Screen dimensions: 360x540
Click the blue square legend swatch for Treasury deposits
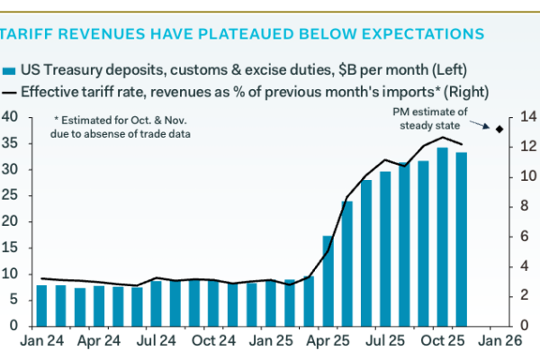(x=8, y=69)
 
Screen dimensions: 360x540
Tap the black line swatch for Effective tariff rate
(x=8, y=91)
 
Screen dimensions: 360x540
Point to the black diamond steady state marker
(x=499, y=129)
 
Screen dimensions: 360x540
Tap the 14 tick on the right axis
(x=526, y=117)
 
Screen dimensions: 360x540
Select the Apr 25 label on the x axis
(x=328, y=343)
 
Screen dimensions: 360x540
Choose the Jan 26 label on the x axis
(x=501, y=343)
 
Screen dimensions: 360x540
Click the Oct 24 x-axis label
(x=212, y=343)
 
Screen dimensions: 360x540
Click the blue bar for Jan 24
(x=41, y=305)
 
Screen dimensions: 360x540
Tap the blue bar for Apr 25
(x=328, y=280)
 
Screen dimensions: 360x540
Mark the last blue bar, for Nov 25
(x=462, y=238)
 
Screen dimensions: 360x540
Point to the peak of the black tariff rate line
(x=442, y=137)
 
